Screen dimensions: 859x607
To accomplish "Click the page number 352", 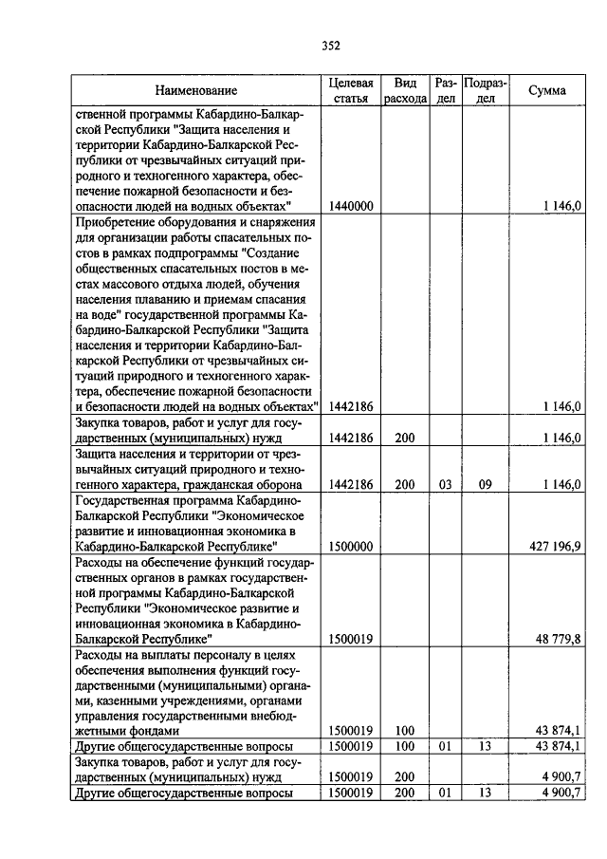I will click(x=330, y=45).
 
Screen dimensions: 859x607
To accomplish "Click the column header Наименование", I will click(x=196, y=91).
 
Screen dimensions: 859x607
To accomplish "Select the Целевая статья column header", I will click(x=351, y=91).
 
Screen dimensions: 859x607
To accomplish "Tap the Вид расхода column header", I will click(x=405, y=91).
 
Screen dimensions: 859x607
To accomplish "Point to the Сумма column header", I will click(x=547, y=91).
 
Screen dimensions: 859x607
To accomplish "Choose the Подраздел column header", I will click(x=485, y=91).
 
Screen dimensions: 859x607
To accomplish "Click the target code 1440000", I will click(x=351, y=205).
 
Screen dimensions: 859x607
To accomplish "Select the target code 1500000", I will click(x=351, y=547).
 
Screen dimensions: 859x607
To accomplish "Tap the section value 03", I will click(x=446, y=484).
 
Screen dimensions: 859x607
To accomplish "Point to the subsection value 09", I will click(x=485, y=484).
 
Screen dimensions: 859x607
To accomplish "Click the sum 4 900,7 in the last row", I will click(x=558, y=793).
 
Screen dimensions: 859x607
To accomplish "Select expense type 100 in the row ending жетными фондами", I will click(x=405, y=731).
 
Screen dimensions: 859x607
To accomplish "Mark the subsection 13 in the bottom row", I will click(x=485, y=793).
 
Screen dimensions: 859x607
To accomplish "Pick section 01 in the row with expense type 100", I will click(x=446, y=747).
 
